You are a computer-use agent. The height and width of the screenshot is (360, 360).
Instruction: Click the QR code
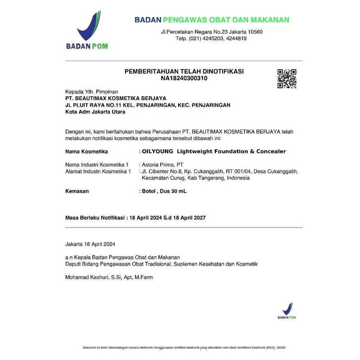click(287, 79)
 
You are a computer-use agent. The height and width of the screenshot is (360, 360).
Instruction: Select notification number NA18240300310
click(184, 78)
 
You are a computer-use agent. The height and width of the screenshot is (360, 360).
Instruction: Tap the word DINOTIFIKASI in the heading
click(221, 71)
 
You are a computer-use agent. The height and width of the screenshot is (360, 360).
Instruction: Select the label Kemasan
click(77, 191)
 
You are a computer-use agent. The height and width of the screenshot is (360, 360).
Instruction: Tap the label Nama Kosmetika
click(86, 151)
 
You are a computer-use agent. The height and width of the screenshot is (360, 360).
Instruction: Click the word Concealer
click(270, 151)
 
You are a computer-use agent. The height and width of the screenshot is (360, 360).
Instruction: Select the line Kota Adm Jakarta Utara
click(95, 112)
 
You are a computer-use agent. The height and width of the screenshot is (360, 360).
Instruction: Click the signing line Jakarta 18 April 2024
click(90, 244)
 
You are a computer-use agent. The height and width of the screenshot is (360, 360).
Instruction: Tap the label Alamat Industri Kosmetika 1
click(98, 171)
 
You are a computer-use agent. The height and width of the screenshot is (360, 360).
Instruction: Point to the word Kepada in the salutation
click(74, 92)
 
